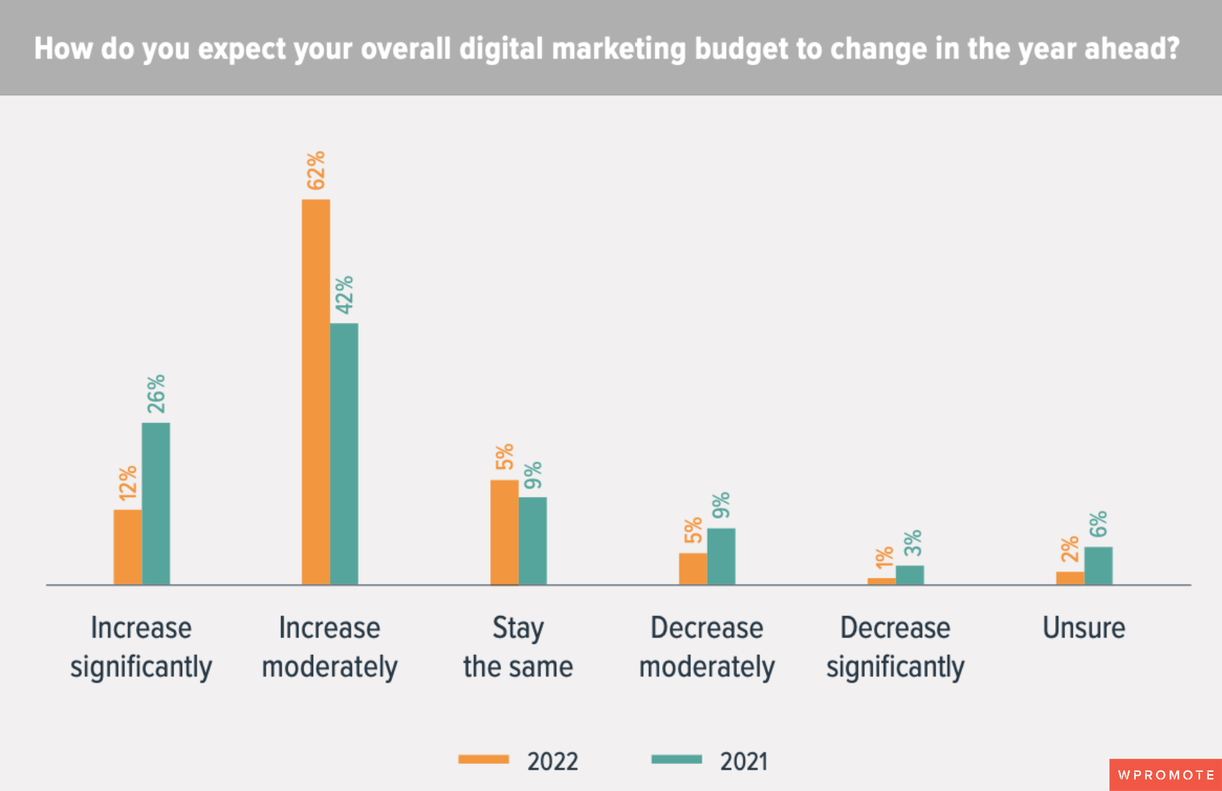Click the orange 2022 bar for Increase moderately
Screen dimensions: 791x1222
(315, 392)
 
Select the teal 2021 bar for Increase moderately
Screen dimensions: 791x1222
(344, 453)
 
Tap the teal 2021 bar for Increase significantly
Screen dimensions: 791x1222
(156, 503)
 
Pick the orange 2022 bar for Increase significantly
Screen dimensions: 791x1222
(127, 546)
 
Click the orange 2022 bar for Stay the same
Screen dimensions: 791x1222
(504, 532)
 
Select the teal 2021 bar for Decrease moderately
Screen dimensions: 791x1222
(721, 556)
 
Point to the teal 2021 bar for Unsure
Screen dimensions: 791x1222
(1098, 565)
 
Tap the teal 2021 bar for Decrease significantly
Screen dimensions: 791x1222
(910, 575)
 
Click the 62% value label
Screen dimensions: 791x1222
(316, 171)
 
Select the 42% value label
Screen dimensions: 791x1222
(344, 295)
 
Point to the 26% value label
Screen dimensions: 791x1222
(156, 394)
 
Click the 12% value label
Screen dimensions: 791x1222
(128, 483)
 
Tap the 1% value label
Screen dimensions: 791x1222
(884, 558)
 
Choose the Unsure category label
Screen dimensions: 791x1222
(1084, 628)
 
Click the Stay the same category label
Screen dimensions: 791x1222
(518, 647)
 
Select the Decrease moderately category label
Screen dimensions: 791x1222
(707, 647)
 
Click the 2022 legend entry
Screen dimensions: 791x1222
(518, 761)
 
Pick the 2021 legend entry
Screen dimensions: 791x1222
(710, 761)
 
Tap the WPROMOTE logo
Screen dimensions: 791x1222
(1166, 775)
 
